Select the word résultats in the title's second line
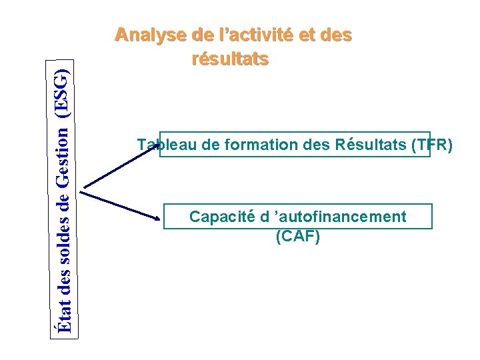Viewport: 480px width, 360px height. [x=230, y=59]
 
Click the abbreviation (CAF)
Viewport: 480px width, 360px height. [x=297, y=235]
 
